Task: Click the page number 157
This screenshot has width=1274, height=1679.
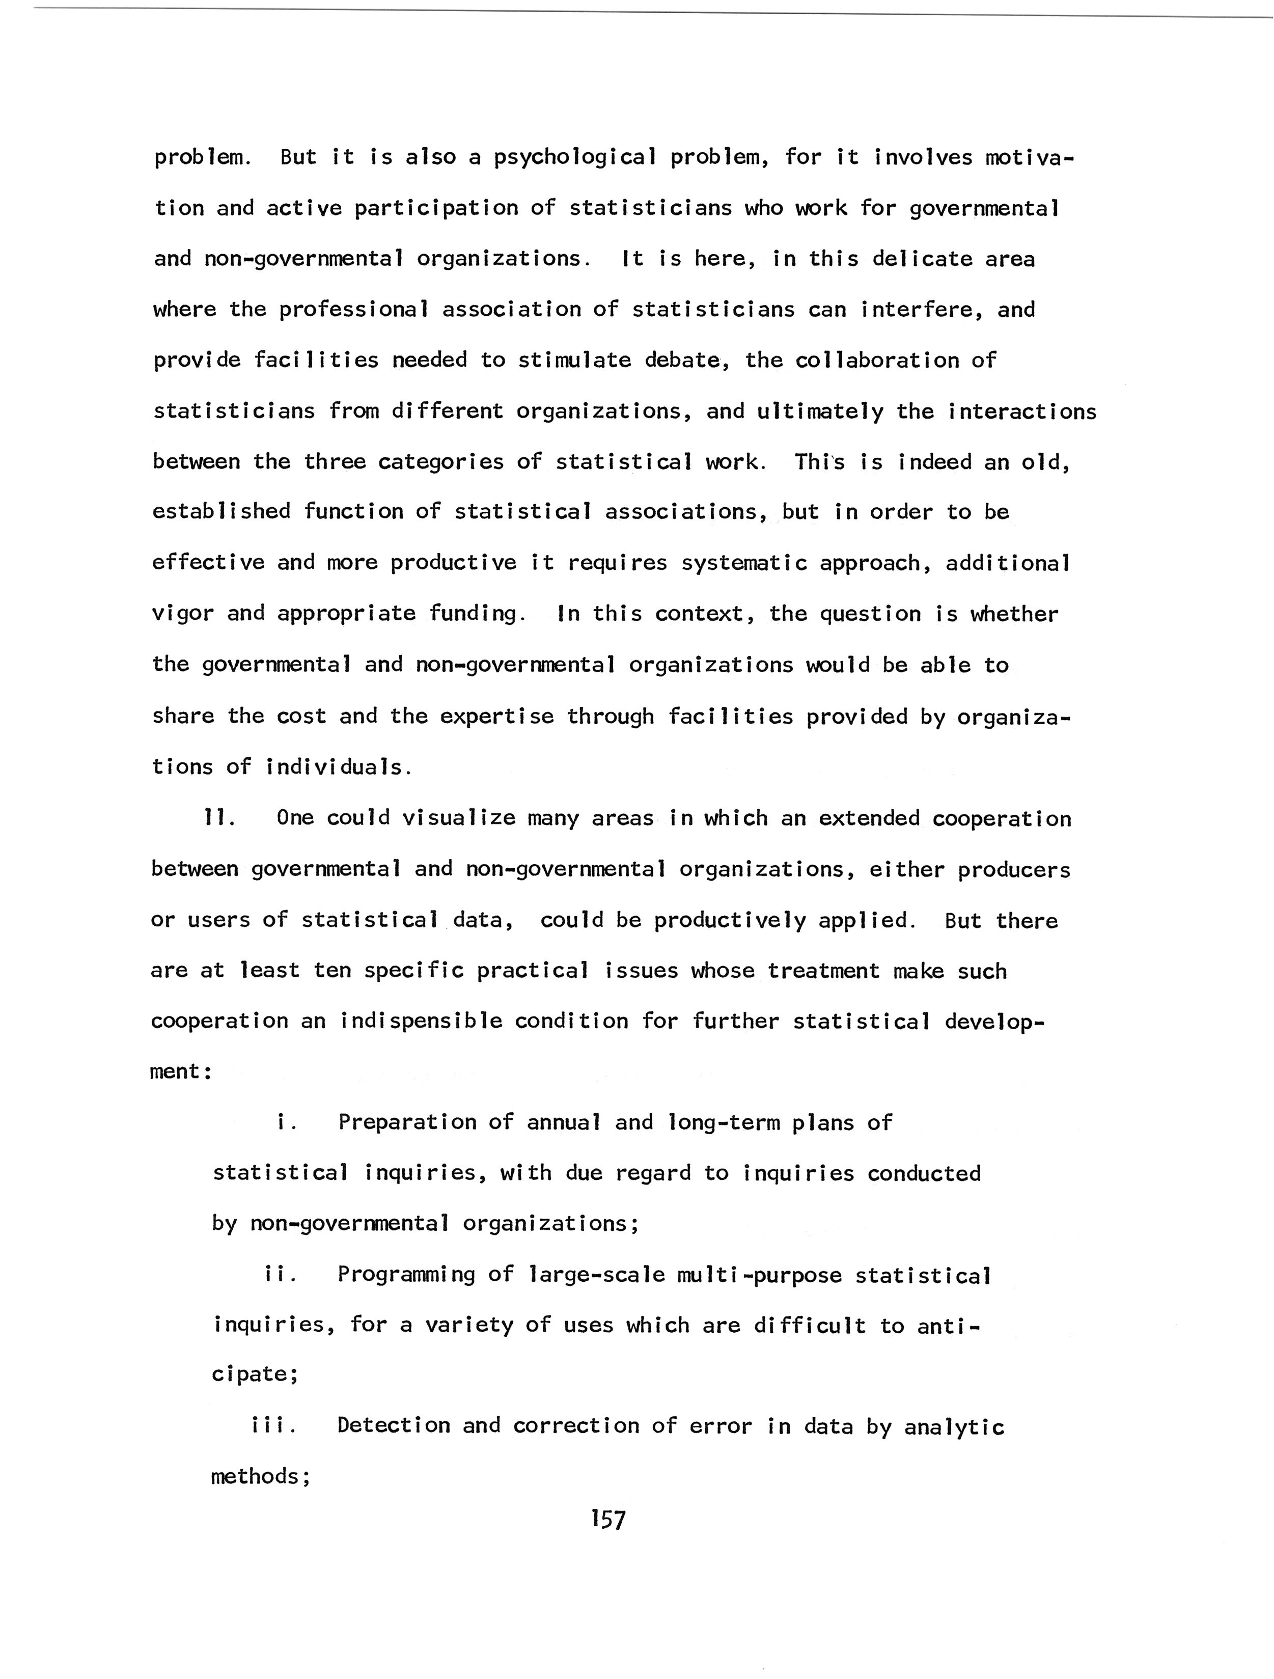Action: pos(608,1520)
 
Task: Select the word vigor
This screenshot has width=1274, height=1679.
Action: pos(183,613)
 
